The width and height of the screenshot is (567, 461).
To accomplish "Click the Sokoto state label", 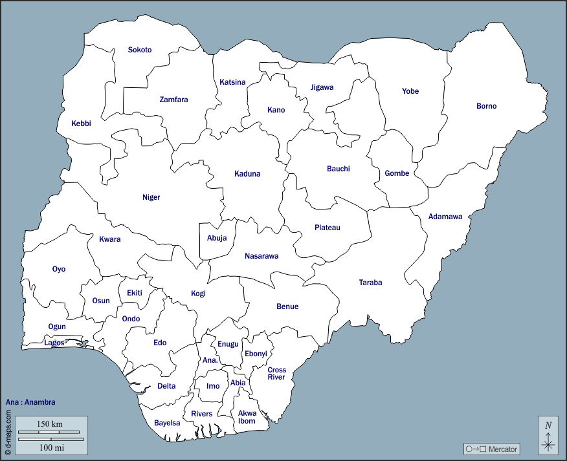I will tap(140, 50).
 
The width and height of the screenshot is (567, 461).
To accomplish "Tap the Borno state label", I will tap(487, 106).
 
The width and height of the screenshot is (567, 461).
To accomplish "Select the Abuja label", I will tap(217, 238).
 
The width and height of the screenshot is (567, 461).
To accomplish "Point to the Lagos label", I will tap(54, 343).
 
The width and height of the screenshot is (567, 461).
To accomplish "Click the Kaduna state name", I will tap(247, 174).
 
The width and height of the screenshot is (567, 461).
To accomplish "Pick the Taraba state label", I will tap(371, 283).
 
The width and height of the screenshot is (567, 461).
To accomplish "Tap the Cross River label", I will tap(277, 374).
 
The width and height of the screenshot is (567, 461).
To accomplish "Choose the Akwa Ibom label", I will tap(247, 417).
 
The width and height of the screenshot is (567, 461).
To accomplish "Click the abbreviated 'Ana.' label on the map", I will tap(210, 360).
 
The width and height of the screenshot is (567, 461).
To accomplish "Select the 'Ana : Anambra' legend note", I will tap(30, 402).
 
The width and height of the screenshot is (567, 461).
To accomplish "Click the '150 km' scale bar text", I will tap(50, 423).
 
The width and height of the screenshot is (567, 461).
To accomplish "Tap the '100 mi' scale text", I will tap(50, 447).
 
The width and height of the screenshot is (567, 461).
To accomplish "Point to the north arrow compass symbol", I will tap(548, 435).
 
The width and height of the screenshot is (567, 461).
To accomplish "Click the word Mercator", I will tap(503, 449).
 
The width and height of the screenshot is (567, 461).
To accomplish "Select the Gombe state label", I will tap(397, 173).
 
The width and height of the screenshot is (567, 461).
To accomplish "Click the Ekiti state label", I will tap(135, 294).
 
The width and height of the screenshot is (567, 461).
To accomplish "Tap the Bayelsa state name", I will tap(167, 423).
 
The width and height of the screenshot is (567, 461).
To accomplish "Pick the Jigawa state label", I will tap(322, 87).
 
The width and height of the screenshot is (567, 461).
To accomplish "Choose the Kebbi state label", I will tap(81, 123).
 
